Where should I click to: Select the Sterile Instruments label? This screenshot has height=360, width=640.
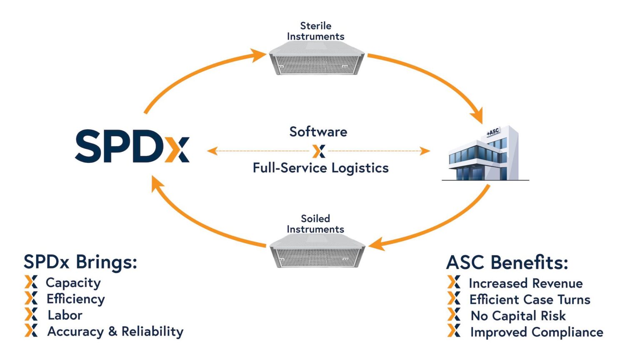click(315, 31)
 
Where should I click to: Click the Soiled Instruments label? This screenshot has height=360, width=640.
click(315, 224)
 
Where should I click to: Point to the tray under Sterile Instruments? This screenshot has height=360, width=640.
click(317, 60)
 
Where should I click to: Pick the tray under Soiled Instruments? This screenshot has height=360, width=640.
click(317, 252)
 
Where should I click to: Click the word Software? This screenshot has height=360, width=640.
click(318, 132)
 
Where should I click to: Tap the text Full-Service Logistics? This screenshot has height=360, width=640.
click(320, 168)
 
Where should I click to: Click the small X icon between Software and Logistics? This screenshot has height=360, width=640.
click(319, 151)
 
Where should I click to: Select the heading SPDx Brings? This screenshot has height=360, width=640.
click(80, 262)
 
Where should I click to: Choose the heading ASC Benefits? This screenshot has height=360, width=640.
click(507, 262)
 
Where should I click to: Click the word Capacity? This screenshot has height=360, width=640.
click(73, 282)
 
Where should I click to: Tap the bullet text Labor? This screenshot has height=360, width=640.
click(65, 315)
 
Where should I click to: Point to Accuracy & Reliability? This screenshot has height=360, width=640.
click(115, 331)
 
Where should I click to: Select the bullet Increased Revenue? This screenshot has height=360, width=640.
click(525, 283)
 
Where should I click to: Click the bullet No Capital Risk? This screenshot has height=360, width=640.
click(518, 316)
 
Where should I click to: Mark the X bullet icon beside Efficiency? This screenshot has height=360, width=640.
click(31, 298)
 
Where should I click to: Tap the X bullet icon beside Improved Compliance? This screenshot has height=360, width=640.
click(454, 331)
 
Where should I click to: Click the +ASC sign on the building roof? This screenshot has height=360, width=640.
click(492, 132)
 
